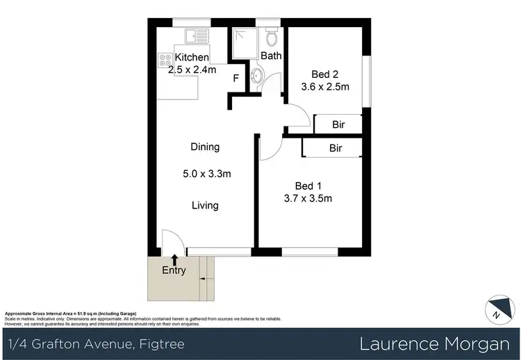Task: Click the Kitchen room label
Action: [x=192, y=57]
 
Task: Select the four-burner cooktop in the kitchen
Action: [x=165, y=61]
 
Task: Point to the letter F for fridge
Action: [x=236, y=79]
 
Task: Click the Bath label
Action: [x=271, y=56]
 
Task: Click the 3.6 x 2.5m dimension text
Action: [x=324, y=87]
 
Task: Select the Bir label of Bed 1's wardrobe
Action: [x=336, y=149]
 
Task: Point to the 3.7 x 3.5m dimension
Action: [x=308, y=199]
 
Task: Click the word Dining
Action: [x=205, y=147]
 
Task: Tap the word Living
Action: [x=205, y=205]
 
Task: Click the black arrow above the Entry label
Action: [x=174, y=259]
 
